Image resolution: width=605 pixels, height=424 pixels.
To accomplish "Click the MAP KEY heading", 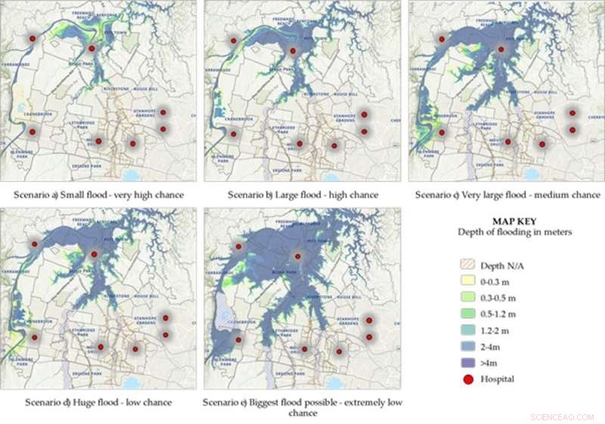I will (513, 221).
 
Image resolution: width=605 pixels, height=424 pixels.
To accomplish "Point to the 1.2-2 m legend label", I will (497, 331).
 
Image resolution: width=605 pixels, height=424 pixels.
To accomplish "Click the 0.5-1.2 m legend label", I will (500, 313).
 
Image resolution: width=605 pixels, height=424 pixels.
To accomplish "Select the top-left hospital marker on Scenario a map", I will (32, 38).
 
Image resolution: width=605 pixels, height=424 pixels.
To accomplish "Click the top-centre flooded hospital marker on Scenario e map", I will (297, 256).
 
